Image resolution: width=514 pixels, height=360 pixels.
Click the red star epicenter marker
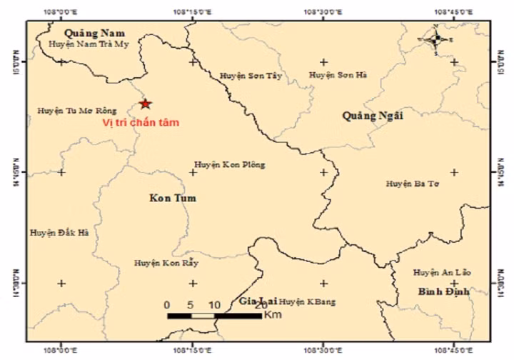146,104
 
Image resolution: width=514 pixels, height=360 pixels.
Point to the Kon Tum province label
173,198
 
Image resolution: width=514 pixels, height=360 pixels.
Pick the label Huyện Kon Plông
229,165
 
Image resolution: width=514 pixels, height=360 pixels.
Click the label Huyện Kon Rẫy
165,264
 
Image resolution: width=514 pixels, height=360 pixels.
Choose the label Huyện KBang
306,301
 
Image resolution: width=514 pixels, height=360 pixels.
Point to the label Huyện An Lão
441,272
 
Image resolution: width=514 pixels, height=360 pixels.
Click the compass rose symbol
436,39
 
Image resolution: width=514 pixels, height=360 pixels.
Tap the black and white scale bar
214,315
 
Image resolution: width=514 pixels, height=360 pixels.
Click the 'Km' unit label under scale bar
272,315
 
